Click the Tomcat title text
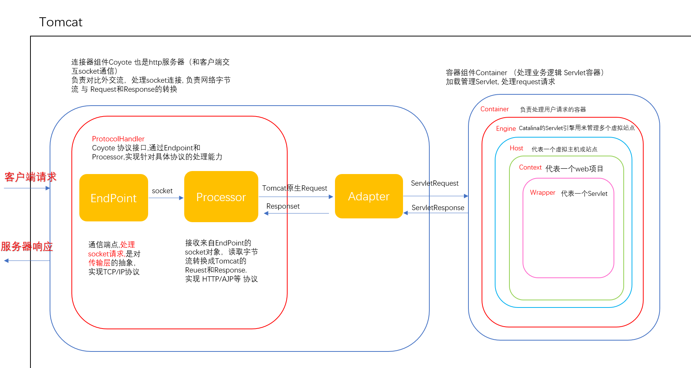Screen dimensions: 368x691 [x=61, y=22]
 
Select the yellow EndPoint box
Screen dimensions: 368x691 [x=114, y=198]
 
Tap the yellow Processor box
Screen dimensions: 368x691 [x=221, y=197]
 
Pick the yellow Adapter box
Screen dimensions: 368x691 [x=368, y=196]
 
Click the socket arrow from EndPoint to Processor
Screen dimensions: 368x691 [x=166, y=198]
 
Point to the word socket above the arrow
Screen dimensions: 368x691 [x=162, y=191]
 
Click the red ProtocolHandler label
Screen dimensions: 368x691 [x=118, y=139]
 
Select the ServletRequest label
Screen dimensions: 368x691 [x=435, y=183]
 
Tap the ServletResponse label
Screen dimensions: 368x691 [x=438, y=207]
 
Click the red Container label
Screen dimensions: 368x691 [x=494, y=109]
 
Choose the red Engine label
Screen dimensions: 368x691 [x=506, y=129]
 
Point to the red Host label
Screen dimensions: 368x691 [x=516, y=148]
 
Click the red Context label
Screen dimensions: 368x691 [x=530, y=167]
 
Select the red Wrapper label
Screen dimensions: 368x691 [x=542, y=192]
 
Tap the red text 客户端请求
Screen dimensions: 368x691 [x=30, y=177]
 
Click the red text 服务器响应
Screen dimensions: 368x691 [x=27, y=247]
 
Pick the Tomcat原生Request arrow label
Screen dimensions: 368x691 [x=294, y=188]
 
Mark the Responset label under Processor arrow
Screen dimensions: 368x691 [x=283, y=206]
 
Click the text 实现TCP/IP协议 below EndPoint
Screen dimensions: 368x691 [x=114, y=272]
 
